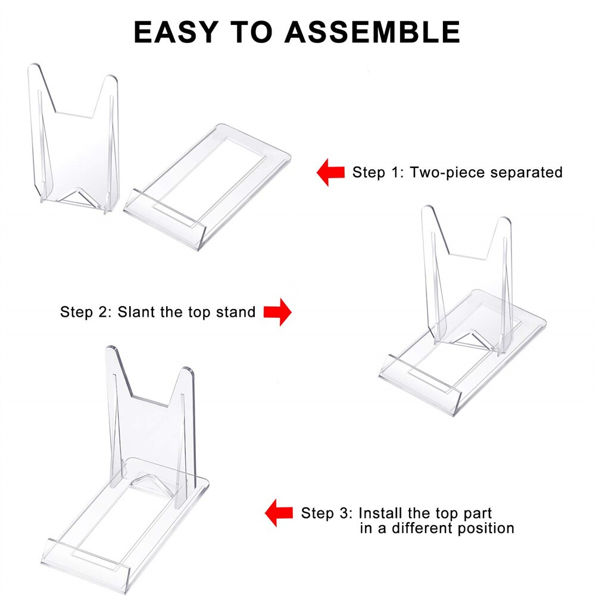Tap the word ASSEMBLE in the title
point(373,32)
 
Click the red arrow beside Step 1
point(330,173)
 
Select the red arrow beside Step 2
point(277,311)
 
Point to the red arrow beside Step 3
point(279,513)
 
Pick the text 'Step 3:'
point(326,513)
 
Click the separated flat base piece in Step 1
point(208,185)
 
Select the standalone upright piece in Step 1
point(74,143)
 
